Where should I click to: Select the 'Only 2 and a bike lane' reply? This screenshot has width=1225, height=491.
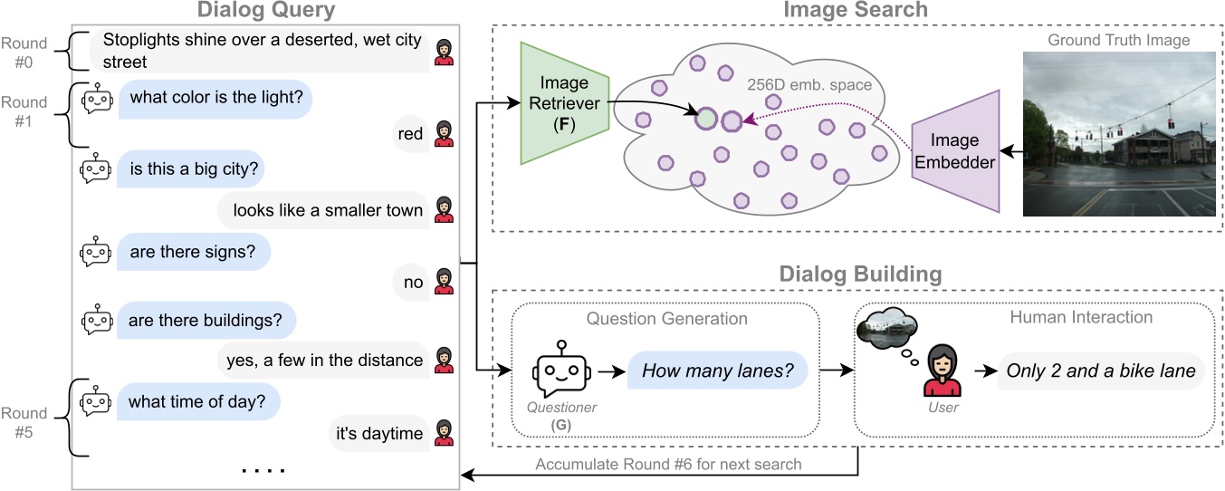[x=1100, y=371]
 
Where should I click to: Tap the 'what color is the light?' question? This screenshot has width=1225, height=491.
[x=215, y=98]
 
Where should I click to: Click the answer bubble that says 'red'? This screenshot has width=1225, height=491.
[x=410, y=134]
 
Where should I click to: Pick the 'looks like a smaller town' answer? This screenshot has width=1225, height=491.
[x=328, y=210]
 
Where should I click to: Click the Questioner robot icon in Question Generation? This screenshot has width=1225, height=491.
[x=561, y=370]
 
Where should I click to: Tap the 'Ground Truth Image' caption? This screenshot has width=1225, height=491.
[x=1118, y=40]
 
